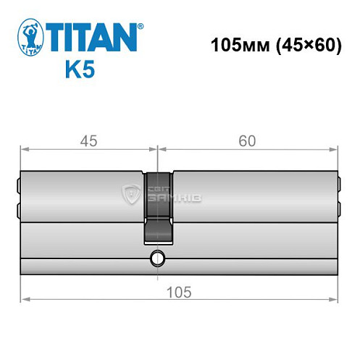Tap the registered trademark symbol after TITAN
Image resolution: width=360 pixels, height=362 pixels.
(141, 26)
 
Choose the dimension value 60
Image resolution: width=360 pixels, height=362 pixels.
(248, 140)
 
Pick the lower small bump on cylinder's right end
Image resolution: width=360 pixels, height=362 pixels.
(340, 210)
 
